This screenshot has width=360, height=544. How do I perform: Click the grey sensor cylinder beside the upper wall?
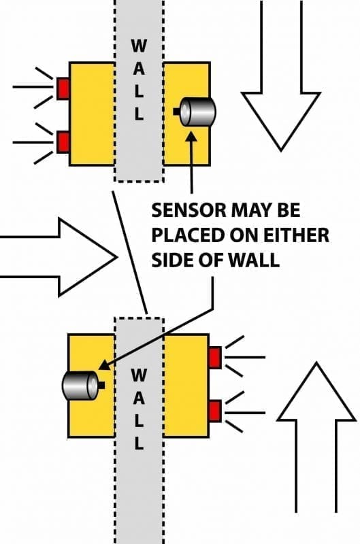click(197, 111)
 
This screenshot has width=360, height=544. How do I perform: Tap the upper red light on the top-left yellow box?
click(63, 88)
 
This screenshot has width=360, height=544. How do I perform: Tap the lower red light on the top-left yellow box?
click(63, 142)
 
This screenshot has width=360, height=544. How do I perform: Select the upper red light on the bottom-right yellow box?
click(215, 356)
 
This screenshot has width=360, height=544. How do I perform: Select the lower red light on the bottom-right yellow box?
click(215, 411)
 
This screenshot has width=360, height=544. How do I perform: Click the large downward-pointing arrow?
click(281, 88)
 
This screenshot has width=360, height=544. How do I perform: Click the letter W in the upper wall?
click(138, 47)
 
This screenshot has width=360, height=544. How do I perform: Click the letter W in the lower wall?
click(138, 374)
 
